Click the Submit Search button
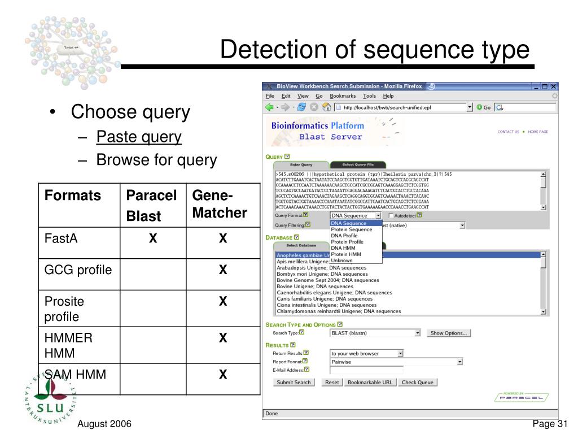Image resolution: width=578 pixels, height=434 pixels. pos(294,383)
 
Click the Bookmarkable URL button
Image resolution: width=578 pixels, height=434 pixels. pos(370,383)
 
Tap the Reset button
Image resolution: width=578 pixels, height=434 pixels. pos(332,383)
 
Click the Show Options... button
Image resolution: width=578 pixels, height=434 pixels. pos(449,333)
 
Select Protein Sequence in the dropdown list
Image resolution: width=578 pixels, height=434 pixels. pos(351,229)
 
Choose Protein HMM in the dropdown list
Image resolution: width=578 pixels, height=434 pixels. pos(346,254)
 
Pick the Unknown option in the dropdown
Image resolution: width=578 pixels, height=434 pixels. pos(341,261)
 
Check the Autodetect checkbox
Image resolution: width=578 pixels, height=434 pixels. pos(392,215)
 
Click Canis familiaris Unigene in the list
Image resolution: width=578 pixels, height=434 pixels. pos(310,299)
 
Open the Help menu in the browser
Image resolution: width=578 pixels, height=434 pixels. pos(388,96)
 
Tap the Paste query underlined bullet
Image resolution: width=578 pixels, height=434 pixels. pos(139,137)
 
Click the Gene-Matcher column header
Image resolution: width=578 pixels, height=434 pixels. pos(220,205)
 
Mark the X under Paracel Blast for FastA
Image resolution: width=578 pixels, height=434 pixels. pos(152,239)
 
